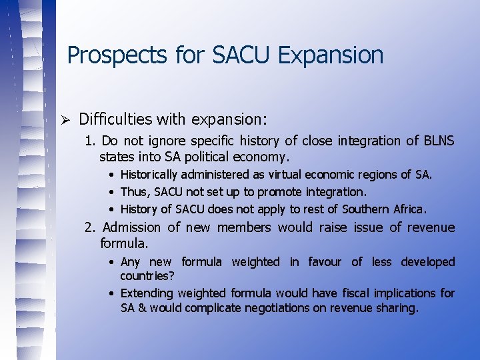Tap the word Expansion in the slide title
(331, 55)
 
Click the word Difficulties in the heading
(115, 119)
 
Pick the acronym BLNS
(439, 141)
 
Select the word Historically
(149, 175)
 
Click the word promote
(281, 192)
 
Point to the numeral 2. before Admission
(90, 227)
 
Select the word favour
(324, 262)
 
